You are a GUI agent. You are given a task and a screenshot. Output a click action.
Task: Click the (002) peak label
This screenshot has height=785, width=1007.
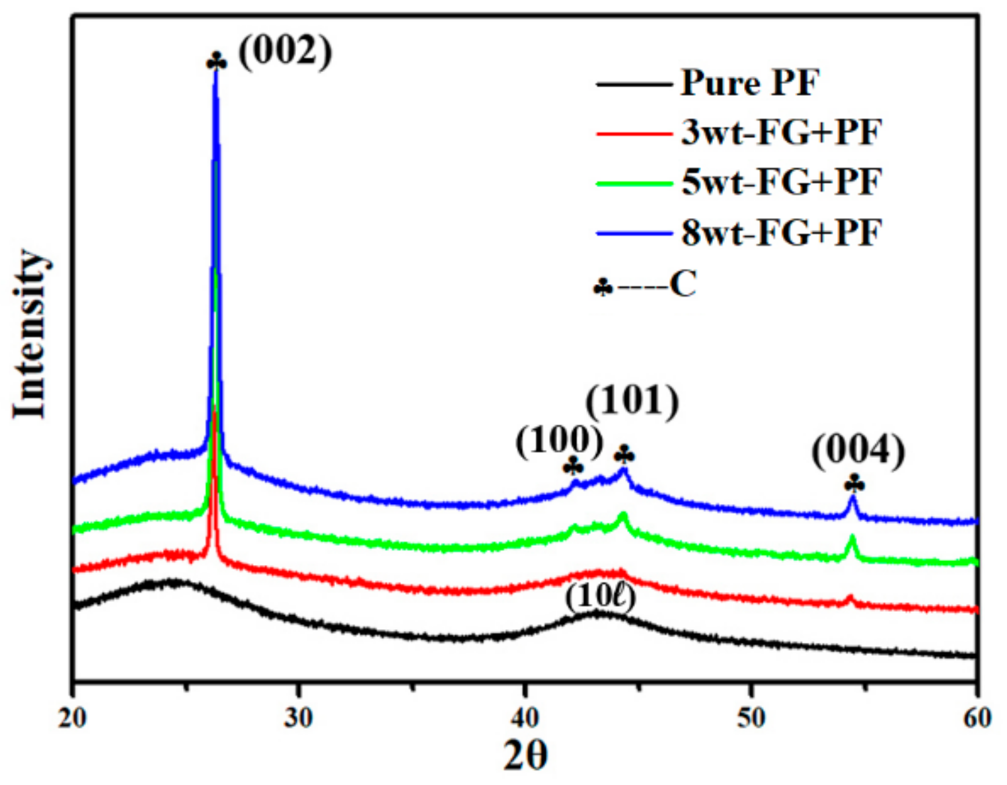click(285, 52)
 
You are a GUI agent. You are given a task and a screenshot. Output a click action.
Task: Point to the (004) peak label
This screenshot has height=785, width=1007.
click(858, 452)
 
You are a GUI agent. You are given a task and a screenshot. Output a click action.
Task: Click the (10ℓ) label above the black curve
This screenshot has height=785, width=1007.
click(600, 597)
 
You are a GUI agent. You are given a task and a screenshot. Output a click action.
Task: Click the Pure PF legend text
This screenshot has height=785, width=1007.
click(750, 83)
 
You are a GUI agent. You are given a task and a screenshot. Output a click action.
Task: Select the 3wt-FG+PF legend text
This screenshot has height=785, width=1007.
click(782, 133)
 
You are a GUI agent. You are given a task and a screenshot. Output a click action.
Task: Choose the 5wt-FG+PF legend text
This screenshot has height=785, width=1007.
click(782, 182)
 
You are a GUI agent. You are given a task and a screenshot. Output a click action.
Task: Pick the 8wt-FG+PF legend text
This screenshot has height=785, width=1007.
click(782, 233)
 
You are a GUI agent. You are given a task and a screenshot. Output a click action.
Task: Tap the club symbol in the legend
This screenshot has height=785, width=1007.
click(603, 287)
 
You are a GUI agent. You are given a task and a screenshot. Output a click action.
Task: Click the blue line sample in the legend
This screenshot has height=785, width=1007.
click(634, 233)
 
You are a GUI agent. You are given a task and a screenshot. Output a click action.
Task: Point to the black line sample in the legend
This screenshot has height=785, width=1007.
click(634, 84)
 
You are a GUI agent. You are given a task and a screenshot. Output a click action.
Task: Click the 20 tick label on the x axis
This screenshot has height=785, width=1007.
click(73, 718)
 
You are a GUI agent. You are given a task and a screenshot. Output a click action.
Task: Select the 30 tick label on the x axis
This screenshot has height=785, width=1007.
click(299, 718)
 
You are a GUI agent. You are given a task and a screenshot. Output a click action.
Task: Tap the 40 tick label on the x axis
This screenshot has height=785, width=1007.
click(525, 718)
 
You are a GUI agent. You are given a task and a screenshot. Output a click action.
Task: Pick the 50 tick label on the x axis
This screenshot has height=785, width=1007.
click(751, 718)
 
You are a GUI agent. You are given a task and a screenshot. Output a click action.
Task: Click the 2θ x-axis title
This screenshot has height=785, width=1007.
click(525, 755)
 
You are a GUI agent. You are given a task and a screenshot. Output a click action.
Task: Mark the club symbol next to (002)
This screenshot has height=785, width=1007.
click(217, 62)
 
